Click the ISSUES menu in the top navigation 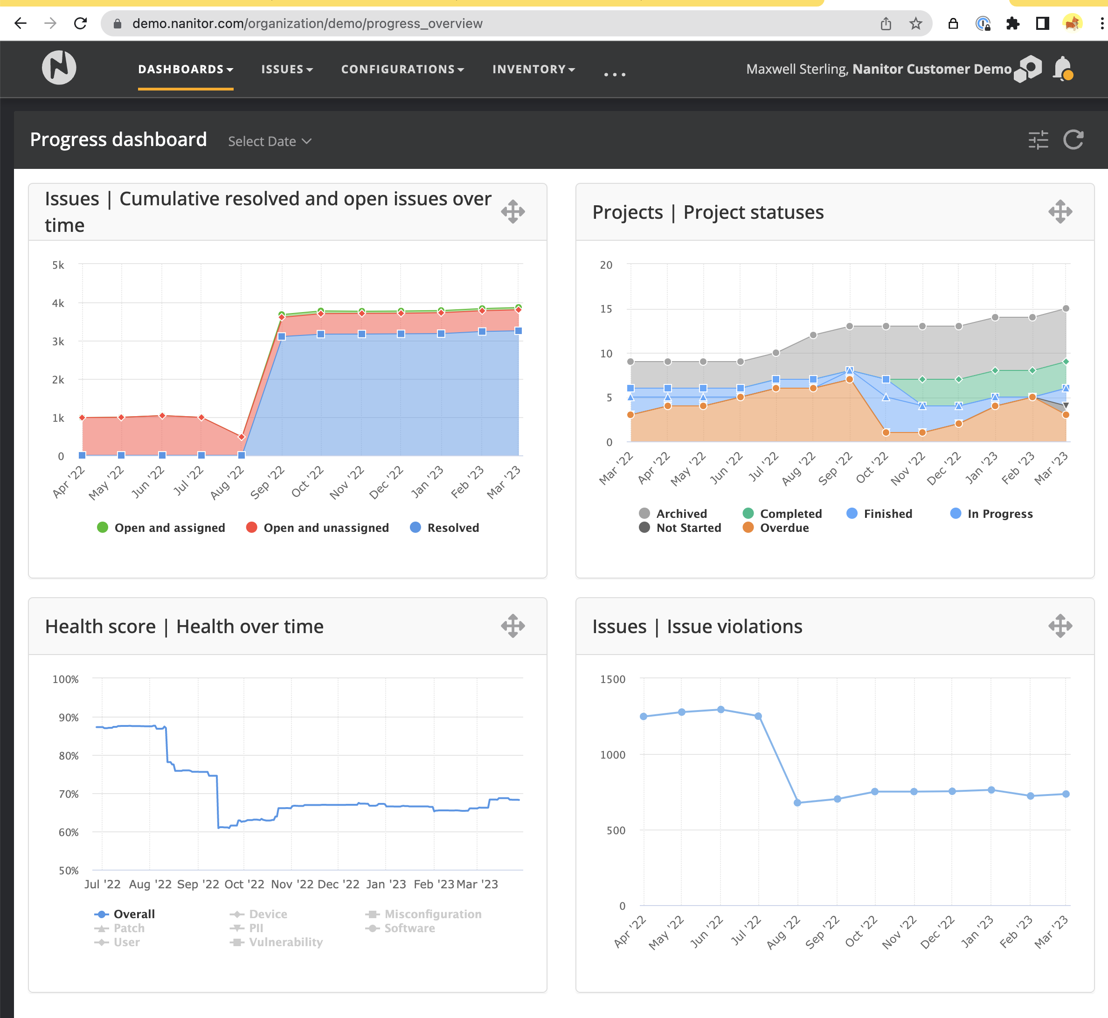pyautogui.click(x=286, y=70)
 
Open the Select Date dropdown pyautogui.click(x=269, y=141)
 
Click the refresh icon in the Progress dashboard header pyautogui.click(x=1073, y=140)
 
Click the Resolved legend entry pyautogui.click(x=444, y=528)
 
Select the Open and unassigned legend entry pyautogui.click(x=317, y=528)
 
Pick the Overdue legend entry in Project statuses pyautogui.click(x=776, y=528)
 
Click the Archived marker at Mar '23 pyautogui.click(x=1066, y=308)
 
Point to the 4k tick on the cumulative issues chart pyautogui.click(x=58, y=303)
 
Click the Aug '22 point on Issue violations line pyautogui.click(x=797, y=802)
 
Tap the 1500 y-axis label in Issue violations pyautogui.click(x=612, y=679)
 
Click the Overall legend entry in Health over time pyautogui.click(x=125, y=914)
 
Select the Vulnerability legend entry pyautogui.click(x=277, y=942)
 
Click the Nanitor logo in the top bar pyautogui.click(x=59, y=68)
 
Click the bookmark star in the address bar pyautogui.click(x=915, y=24)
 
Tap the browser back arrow pyautogui.click(x=21, y=24)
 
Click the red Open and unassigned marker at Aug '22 pyautogui.click(x=241, y=437)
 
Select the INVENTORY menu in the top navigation pyautogui.click(x=533, y=70)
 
